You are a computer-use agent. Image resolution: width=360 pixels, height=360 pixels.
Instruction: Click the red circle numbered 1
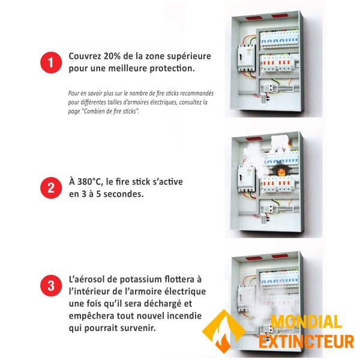point(51,62)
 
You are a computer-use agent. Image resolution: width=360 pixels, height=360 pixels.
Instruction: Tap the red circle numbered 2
point(51,188)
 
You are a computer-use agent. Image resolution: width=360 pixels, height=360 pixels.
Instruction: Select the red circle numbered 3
point(51,286)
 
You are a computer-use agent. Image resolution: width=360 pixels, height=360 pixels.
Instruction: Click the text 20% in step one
point(112,56)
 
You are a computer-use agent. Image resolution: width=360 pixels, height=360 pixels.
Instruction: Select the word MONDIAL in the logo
point(306,322)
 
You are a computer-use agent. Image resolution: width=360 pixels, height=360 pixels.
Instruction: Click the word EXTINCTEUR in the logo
point(306,342)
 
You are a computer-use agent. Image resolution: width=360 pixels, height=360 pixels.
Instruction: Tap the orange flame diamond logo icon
point(223,331)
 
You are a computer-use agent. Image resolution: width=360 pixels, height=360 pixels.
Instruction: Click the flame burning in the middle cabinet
point(281,171)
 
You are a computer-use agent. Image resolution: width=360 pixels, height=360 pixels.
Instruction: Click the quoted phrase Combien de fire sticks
point(110,112)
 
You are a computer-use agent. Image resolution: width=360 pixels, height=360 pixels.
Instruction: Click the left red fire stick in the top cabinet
point(252,17)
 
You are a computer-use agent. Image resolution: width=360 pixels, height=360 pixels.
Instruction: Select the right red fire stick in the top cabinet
point(278,16)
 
